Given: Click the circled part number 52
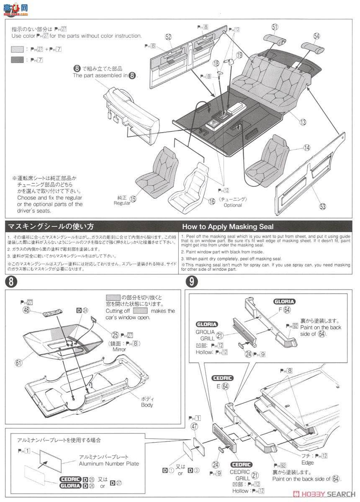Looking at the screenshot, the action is coord(168,37).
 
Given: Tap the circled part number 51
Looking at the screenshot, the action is coord(275,27).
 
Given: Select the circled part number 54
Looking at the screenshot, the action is coord(316,36).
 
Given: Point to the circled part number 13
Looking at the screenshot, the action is coord(302,122).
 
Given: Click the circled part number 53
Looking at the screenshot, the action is coord(322,206).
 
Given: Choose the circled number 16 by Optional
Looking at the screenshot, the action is coord(212,201).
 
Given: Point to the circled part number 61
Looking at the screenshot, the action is coord(18,363).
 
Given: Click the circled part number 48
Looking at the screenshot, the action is coord(26,310).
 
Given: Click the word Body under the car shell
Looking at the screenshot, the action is coord(147,405).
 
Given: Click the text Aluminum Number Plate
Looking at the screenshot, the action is coord(109,464).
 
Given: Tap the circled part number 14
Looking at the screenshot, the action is coord(307,148).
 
